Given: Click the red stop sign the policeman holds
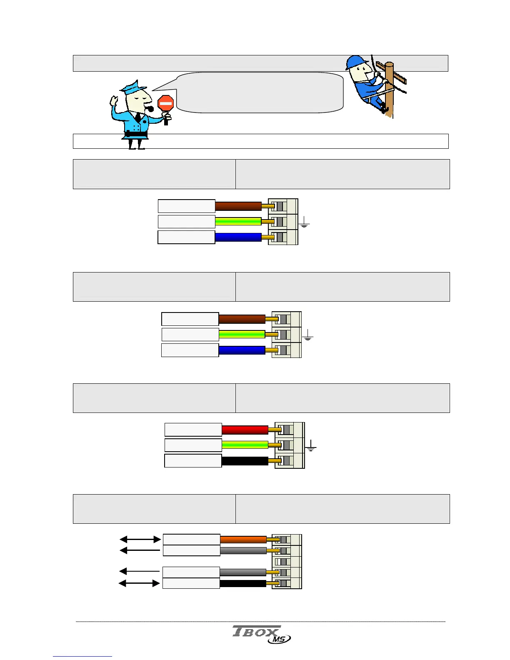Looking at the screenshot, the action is pos(166,103).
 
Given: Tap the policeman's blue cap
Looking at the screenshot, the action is pos(133,87).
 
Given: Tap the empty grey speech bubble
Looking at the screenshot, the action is pos(260,92).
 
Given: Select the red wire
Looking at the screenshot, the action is pos(245,430).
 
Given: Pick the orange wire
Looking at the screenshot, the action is pos(243,539).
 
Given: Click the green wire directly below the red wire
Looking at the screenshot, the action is pos(245,445).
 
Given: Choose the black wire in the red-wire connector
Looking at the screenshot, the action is pos(245,461).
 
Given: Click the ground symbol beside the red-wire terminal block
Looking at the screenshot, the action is pos(311,448).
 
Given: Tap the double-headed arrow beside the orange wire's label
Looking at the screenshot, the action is pos(140,539).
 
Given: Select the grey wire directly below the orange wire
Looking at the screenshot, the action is pos(243,550).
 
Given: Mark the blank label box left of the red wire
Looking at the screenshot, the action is pos(193,430).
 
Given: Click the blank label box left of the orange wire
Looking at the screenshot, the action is pos(191,539).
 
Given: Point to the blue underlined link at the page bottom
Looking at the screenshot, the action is pos(82,656).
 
